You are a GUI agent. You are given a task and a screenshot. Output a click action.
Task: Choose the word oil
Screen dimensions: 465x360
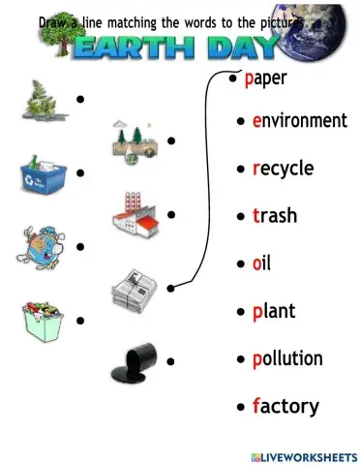[x=263, y=263]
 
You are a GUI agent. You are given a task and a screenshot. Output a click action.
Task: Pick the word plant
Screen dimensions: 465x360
[x=273, y=311]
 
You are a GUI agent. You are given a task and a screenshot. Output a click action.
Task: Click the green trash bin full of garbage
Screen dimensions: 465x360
[x=43, y=319]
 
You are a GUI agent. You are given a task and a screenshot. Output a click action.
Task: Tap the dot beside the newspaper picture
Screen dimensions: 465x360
[x=170, y=288]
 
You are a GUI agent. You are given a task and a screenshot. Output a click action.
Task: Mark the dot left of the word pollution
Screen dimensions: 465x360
[x=239, y=359]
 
